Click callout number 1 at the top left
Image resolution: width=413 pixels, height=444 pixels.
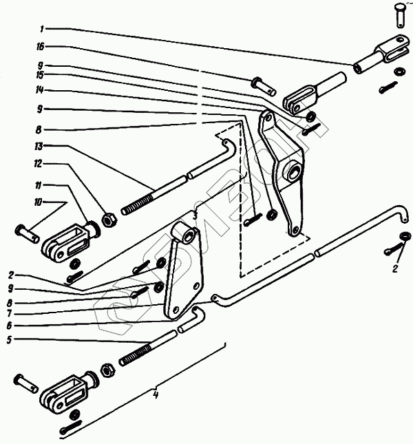coord(42,30)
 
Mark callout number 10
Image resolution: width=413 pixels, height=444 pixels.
coord(39,201)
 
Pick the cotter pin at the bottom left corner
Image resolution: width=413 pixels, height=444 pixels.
coord(72,430)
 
